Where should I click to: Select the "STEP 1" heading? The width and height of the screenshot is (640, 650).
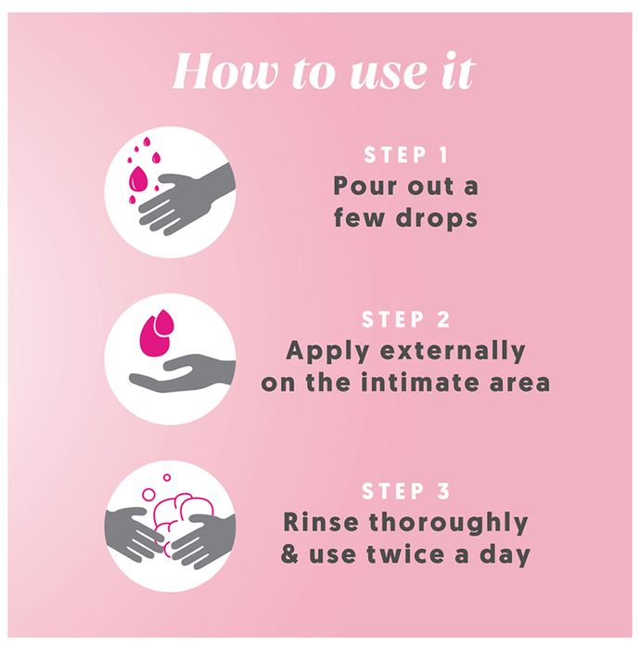coord(405,155)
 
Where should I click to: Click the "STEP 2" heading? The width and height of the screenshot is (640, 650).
coord(405,319)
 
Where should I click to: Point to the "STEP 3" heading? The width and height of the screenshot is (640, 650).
coord(405,491)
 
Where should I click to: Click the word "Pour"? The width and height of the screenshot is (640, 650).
coord(365,186)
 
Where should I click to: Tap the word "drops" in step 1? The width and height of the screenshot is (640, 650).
coord(437,218)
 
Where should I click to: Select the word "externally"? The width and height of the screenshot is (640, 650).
coord(453,351)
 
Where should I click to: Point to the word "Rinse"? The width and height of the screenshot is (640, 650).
coord(321,522)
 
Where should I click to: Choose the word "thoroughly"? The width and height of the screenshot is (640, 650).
coord(448,523)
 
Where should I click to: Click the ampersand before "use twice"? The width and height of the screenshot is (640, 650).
coord(289,554)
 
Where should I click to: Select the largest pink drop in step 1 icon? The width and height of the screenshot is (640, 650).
coord(138,179)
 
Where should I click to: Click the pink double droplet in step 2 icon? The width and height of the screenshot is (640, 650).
coord(157,332)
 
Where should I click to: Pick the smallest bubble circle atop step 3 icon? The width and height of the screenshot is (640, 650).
coord(167,477)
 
